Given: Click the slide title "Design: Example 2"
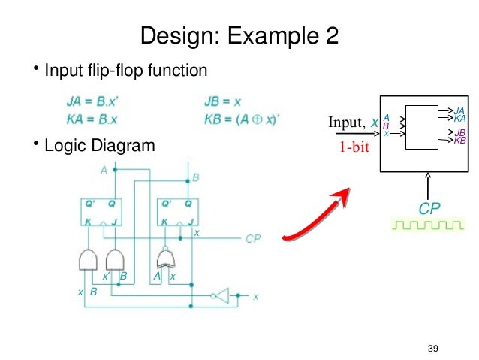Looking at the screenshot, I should tap(239, 35).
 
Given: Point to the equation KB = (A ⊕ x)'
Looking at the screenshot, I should tap(241, 117).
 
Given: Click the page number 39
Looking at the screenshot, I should tap(432, 347).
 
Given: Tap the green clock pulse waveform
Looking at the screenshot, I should tap(426, 225).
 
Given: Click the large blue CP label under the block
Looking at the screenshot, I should tap(429, 207).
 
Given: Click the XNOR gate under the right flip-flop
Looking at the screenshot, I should tap(164, 259).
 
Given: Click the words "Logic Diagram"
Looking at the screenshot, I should tap(100, 145).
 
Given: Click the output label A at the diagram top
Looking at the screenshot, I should tap(104, 171).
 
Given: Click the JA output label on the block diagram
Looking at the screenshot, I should tap(460, 111).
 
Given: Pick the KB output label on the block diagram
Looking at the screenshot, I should tap(460, 140).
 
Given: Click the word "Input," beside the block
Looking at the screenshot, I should tap(346, 123).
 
